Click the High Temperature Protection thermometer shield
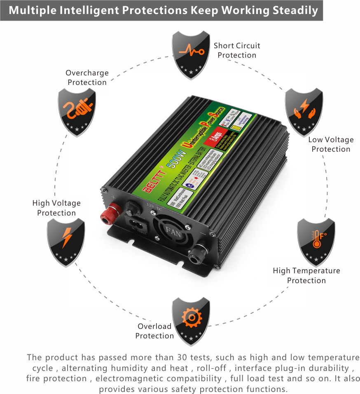pos(316,242)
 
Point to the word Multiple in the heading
pos(32,10)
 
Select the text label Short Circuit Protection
pos(237,50)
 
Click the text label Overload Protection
pos(154,331)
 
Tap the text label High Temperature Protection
pos(306,275)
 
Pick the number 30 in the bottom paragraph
pos(182,357)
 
